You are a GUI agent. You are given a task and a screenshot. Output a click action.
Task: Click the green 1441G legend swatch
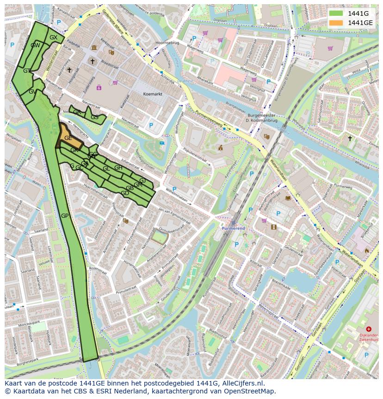tap(336, 13)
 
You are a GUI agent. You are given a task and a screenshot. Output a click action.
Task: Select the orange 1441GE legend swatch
tap(336, 23)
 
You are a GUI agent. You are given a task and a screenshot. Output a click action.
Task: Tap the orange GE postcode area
tap(68, 138)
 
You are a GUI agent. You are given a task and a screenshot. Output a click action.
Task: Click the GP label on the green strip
tap(65, 216)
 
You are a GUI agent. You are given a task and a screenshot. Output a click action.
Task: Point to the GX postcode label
tap(53, 38)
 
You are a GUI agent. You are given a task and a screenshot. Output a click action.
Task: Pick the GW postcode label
tap(35, 45)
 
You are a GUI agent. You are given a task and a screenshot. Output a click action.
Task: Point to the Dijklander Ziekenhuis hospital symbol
tap(368, 329)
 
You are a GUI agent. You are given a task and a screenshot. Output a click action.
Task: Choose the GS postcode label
tap(94, 117)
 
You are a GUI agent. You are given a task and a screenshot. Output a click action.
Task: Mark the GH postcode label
tap(118, 168)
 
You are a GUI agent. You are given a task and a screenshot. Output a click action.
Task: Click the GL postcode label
tap(106, 169)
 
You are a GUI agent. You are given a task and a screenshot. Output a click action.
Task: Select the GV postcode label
tap(32, 92)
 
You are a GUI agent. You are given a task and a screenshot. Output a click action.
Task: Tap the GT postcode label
tap(27, 71)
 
